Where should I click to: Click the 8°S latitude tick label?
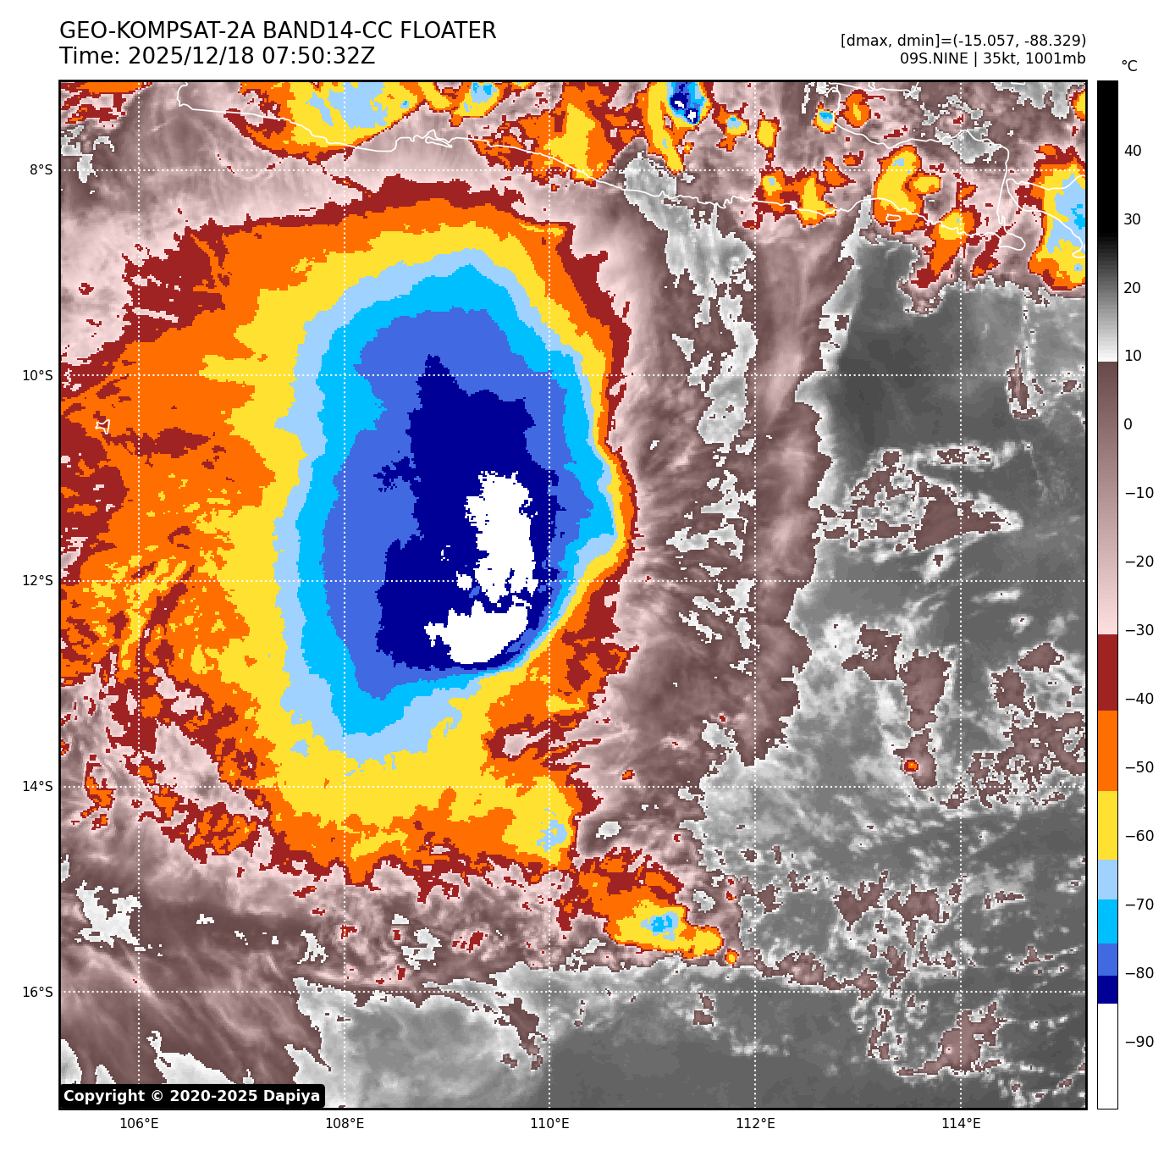coord(41,170)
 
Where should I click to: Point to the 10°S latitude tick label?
coord(37,376)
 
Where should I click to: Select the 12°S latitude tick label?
coord(37,581)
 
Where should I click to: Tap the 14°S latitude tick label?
coord(37,787)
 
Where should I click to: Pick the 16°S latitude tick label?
coord(37,993)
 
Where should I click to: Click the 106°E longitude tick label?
coord(139,1124)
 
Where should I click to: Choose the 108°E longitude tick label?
coord(345,1124)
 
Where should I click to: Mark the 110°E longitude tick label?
coord(549,1124)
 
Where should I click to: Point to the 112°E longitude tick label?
coord(755,1124)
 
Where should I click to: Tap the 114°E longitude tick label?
coord(961,1124)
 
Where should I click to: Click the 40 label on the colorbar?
coord(1133,152)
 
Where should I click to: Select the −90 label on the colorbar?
coord(1139,1042)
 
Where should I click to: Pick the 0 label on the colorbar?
coord(1128,425)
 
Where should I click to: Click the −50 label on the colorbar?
coord(1139,768)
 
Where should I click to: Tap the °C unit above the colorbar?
coord(1129,66)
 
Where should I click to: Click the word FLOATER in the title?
coord(448,31)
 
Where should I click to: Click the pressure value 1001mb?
coord(1054,58)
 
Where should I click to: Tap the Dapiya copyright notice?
coord(192,1096)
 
